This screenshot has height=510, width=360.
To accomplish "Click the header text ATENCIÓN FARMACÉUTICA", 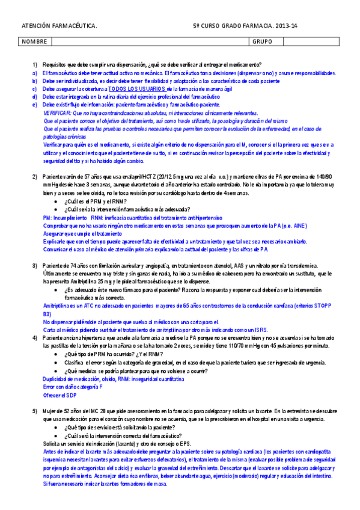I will [59, 26].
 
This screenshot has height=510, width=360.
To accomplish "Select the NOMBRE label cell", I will [34, 42].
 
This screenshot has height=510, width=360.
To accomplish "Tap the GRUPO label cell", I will [262, 42].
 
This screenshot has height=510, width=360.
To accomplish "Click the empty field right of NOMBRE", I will [150, 42].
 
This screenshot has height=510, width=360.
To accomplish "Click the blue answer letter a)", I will [35, 72].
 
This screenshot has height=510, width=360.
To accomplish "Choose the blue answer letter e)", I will [35, 105].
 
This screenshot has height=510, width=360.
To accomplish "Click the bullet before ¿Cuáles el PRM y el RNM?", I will [56, 201].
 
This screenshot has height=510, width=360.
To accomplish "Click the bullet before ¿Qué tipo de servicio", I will [56, 426].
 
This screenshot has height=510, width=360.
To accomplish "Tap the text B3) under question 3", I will [47, 314].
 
